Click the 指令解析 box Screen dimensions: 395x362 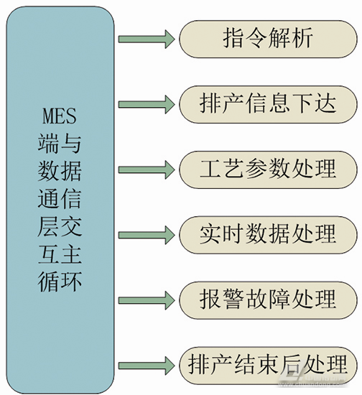[x=267, y=39]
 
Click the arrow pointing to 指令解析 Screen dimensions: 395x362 [x=147, y=39]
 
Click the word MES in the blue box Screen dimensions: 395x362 [x=60, y=116]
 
